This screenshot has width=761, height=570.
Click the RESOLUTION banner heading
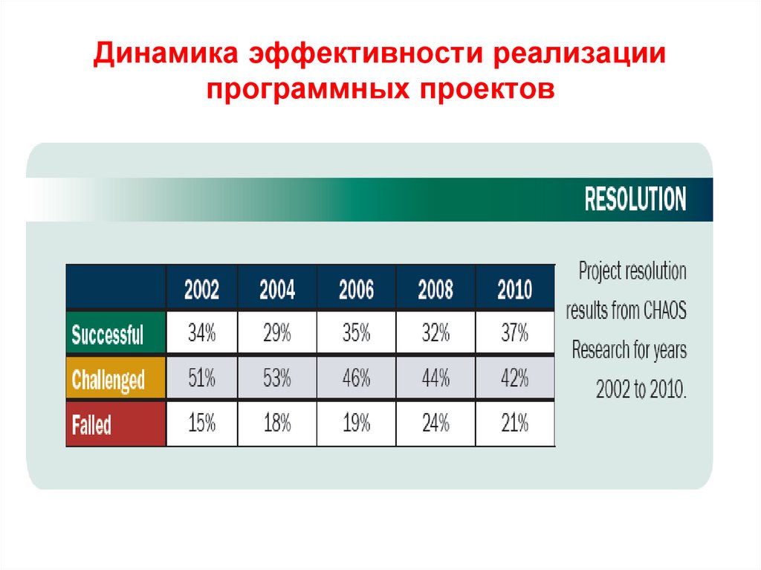point(635,200)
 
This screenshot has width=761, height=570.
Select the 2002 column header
point(201,289)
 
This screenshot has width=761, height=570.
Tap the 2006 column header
point(356,289)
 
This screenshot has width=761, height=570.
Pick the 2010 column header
point(514,289)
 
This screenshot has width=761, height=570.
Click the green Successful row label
point(108,334)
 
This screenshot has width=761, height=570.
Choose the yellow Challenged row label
point(109,380)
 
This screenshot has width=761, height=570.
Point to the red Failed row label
point(92,425)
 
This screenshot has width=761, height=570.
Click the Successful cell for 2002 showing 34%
point(201,334)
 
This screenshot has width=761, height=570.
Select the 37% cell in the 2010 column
point(514,334)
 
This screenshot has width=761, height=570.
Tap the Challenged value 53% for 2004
point(277,379)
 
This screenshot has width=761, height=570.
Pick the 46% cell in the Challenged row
point(356,379)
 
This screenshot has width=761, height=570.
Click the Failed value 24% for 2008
point(435,424)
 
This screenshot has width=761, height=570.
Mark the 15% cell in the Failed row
point(201,424)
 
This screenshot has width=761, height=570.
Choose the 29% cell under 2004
point(277,334)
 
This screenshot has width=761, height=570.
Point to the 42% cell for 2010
point(514,379)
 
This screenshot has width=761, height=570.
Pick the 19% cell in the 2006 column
point(356,424)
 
